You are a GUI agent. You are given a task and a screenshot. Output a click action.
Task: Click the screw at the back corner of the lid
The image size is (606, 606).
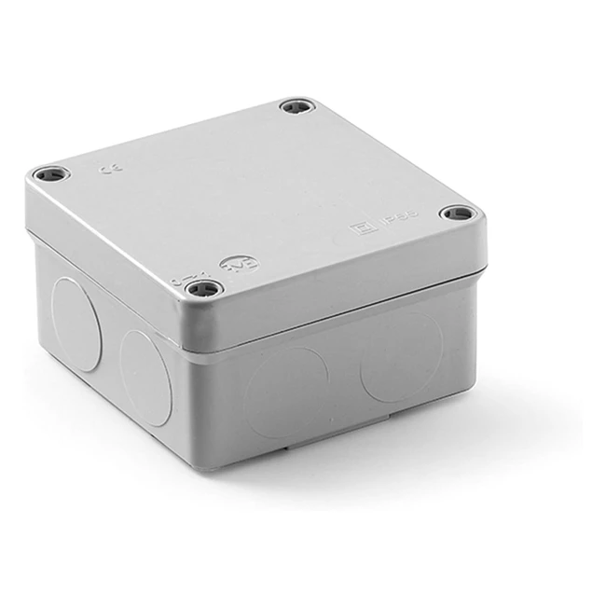(296, 106)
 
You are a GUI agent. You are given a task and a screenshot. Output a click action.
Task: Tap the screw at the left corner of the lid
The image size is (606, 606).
(49, 174)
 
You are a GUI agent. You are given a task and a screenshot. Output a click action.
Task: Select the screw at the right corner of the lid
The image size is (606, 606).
(457, 213)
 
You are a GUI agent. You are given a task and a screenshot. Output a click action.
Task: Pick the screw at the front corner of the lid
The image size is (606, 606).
(204, 288)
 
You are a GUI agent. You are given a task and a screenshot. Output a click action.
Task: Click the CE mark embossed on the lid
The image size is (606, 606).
(105, 169)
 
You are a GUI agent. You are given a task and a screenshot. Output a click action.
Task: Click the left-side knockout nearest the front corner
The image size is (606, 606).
(145, 378)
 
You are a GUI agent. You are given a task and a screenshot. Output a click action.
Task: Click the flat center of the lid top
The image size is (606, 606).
(252, 196)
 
